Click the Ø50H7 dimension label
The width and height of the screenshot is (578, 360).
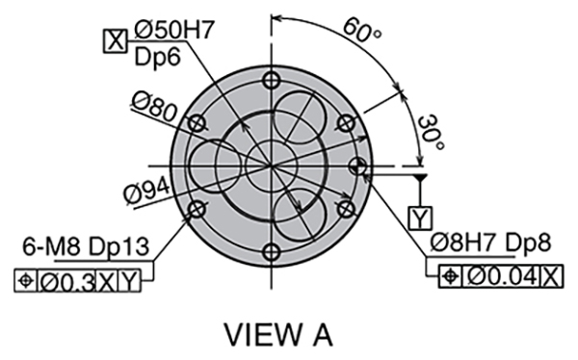click(x=174, y=30)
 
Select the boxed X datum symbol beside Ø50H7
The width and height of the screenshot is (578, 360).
click(x=116, y=40)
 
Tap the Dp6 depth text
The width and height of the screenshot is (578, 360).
click(x=157, y=58)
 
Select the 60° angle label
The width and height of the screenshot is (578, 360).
click(x=363, y=30)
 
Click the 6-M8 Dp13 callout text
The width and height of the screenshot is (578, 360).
click(x=87, y=246)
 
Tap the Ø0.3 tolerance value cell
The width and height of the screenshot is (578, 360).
click(x=66, y=282)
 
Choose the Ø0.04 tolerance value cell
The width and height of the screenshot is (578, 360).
click(x=501, y=276)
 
